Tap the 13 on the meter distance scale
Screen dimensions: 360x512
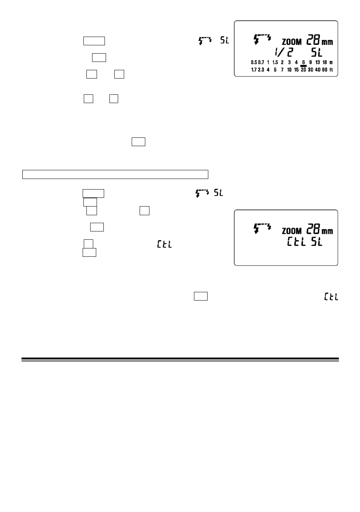317,62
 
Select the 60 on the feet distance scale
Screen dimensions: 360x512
325,70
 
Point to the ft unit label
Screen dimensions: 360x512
331,70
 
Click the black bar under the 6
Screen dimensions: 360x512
303,66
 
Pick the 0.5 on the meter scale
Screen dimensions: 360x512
254,62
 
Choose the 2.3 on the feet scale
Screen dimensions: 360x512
261,70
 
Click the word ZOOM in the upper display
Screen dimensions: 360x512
292,42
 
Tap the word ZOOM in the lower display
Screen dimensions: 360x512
292,231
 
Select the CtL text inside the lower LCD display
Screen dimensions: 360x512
296,242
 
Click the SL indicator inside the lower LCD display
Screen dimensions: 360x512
317,242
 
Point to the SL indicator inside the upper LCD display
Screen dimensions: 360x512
317,52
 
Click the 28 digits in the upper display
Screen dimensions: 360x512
313,40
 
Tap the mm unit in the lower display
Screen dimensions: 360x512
327,231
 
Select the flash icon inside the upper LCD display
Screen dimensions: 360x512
262,39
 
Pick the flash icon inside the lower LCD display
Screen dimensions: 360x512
262,228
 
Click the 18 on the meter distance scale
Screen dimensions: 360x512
325,62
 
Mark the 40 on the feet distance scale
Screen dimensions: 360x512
317,70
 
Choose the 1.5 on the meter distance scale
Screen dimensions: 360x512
275,62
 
